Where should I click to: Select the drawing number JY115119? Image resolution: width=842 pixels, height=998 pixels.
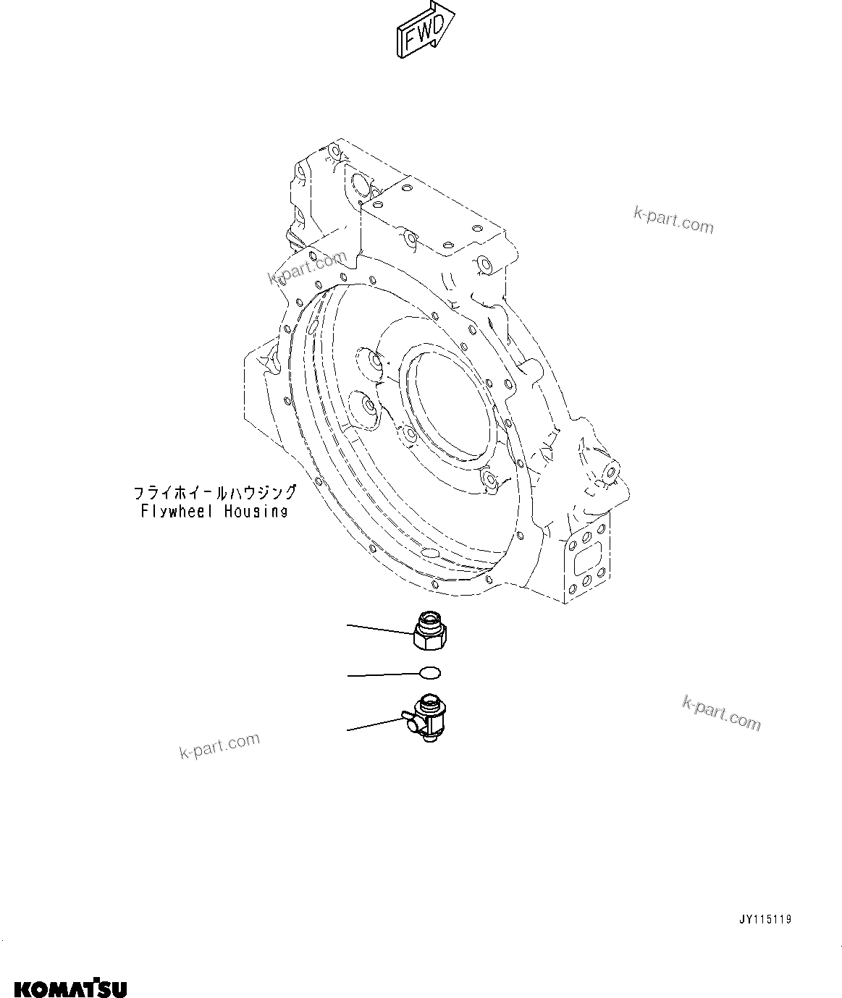pos(765,920)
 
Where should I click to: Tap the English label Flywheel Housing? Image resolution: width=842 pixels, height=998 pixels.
pos(214,512)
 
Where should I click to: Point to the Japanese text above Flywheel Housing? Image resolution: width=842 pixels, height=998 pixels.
pos(214,494)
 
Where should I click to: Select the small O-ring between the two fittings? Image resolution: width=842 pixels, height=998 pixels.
pos(430,673)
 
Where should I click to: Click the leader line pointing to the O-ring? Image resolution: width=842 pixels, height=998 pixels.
pos(384,675)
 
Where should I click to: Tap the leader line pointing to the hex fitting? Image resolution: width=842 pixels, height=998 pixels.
pos(380,629)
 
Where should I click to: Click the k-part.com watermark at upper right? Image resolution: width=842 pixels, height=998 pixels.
pos(673,220)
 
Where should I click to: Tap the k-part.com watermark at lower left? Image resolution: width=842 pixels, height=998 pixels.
pos(219,747)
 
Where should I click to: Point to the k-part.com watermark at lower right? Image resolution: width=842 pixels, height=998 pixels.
pos(721,713)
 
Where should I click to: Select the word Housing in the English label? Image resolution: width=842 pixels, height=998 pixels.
pos(256,512)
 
